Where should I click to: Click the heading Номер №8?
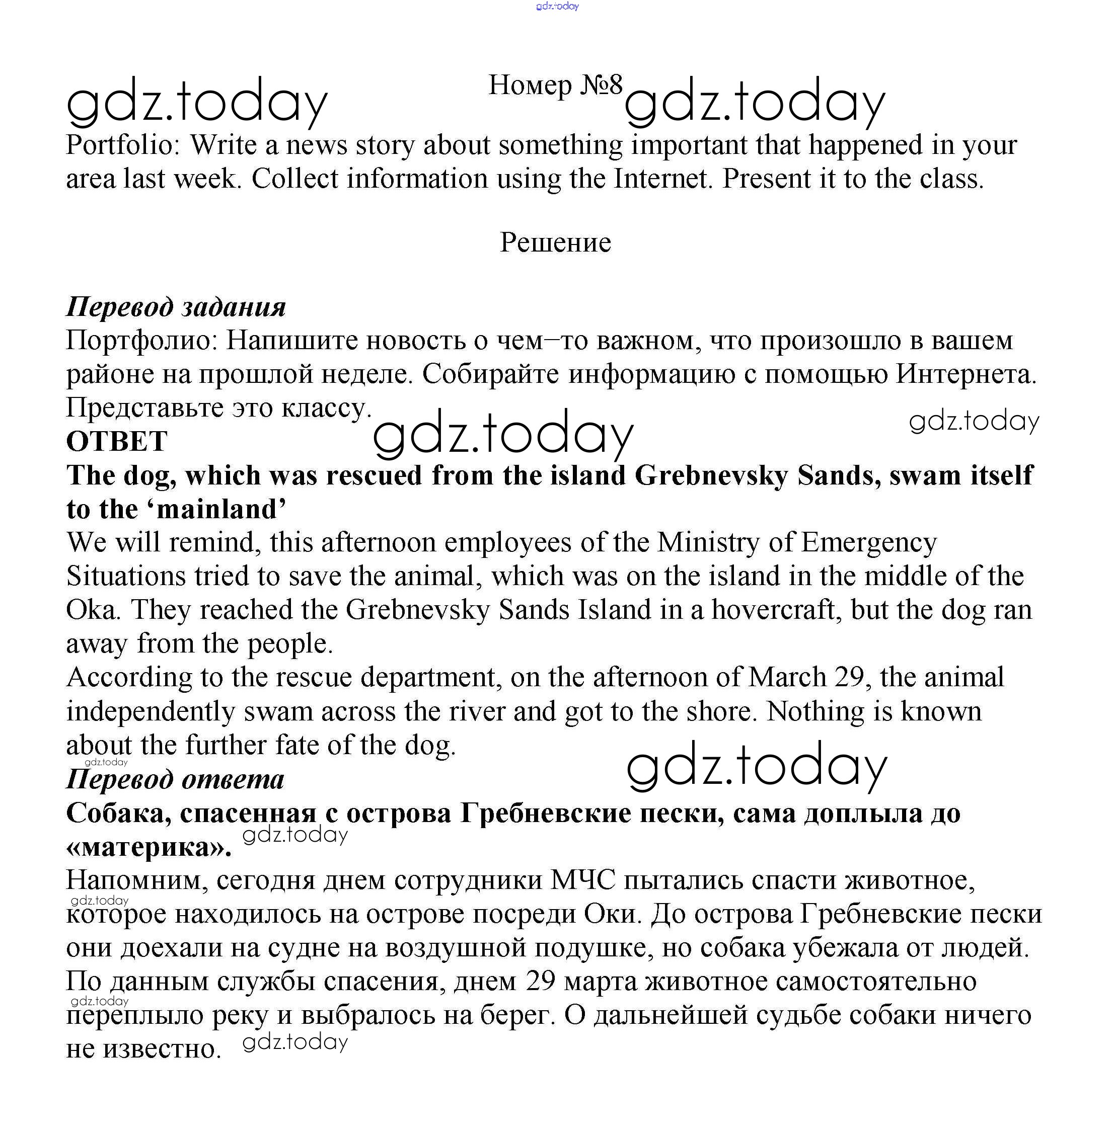pyautogui.click(x=555, y=86)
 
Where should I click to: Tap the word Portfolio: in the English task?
pyautogui.click(x=123, y=145)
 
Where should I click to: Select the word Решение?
pyautogui.click(x=555, y=242)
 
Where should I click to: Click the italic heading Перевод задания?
pyautogui.click(x=176, y=307)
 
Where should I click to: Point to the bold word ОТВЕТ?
pyautogui.click(x=116, y=441)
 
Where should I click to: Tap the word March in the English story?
pyautogui.click(x=787, y=678)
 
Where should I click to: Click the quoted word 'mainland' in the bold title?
pyautogui.click(x=220, y=509)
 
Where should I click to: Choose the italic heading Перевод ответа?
pyautogui.click(x=175, y=779)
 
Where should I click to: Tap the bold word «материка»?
pyautogui.click(x=148, y=847)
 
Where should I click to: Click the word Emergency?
pyautogui.click(x=868, y=543)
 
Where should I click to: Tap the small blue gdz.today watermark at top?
pyautogui.click(x=557, y=7)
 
